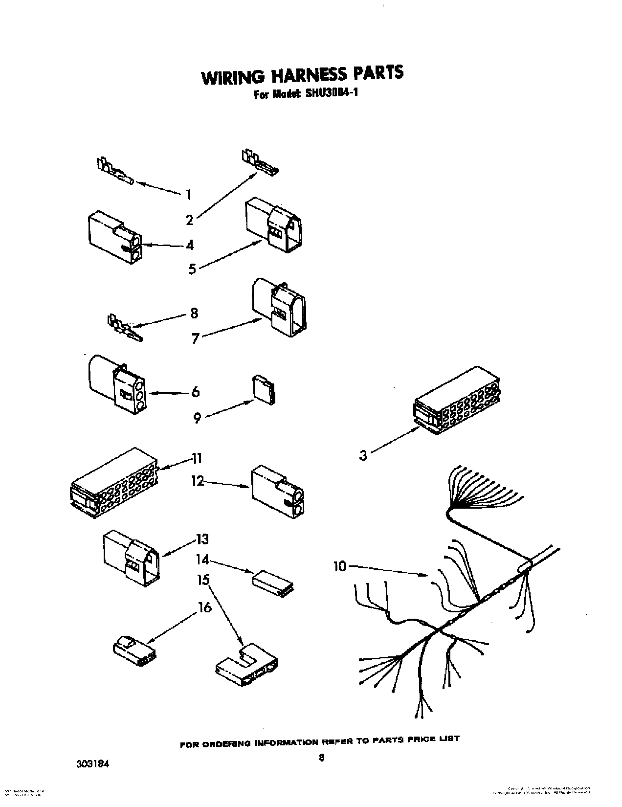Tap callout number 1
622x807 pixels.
[x=188, y=195]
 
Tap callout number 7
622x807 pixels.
[x=196, y=338]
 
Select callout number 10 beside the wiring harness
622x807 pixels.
[x=339, y=566]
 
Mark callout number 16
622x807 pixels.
[x=205, y=607]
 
